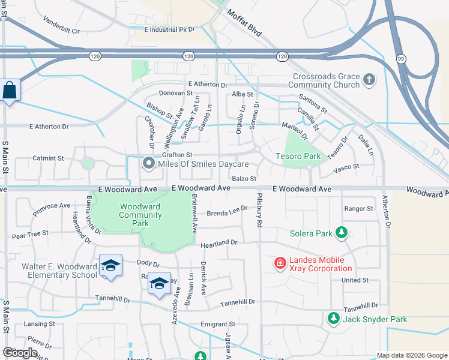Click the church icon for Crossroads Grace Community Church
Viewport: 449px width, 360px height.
tap(370, 79)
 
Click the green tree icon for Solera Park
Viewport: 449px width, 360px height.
tap(342, 232)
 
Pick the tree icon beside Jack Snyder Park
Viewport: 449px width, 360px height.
tap(333, 319)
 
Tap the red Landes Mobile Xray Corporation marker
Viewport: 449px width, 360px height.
tap(279, 263)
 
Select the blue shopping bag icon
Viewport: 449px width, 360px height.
tap(11, 91)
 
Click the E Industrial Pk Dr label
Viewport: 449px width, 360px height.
tap(170, 29)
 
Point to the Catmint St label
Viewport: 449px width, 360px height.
tap(48, 158)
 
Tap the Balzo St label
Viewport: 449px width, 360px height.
tap(244, 178)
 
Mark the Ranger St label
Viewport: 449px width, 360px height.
tap(358, 208)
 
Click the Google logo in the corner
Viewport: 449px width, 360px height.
tap(20, 353)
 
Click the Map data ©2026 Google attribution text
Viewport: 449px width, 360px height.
tap(411, 355)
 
